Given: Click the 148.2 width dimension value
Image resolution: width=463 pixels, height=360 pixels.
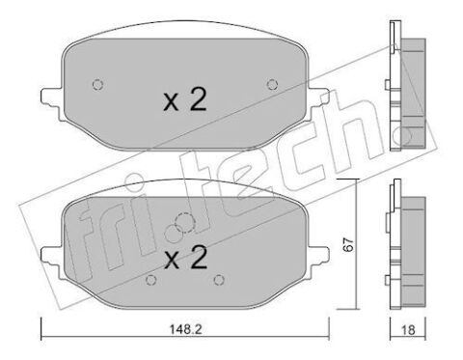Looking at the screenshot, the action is (x=185, y=329).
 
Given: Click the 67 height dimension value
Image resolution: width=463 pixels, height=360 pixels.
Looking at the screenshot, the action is (x=347, y=245).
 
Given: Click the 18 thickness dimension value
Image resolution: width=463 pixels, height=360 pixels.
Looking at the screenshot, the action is (x=408, y=330).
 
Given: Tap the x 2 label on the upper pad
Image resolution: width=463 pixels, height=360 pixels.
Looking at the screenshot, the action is (x=185, y=100).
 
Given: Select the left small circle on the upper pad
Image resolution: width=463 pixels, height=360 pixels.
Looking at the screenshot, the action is (x=97, y=85).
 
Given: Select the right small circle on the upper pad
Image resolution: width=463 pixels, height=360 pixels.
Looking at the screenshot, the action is (x=272, y=85).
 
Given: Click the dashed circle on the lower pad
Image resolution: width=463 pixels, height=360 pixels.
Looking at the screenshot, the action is (x=184, y=222).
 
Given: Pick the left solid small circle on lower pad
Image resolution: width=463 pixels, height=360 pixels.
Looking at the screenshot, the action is (x=150, y=280).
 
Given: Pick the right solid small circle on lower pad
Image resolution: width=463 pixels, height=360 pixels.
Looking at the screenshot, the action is (x=219, y=280).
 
